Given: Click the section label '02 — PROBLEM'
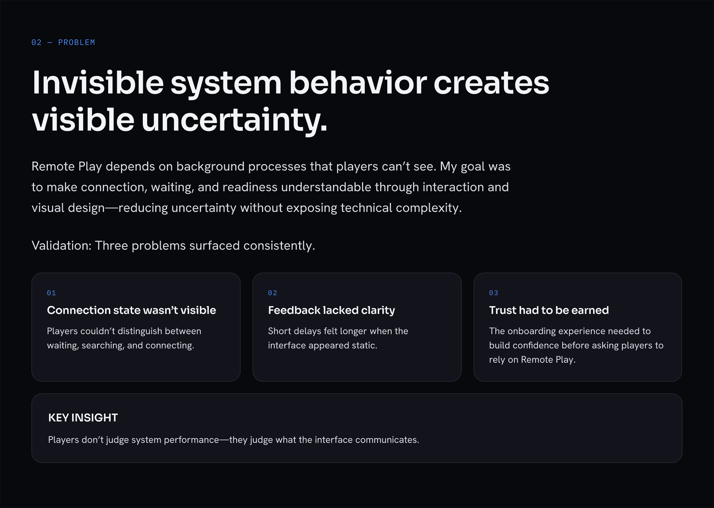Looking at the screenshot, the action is (63, 42).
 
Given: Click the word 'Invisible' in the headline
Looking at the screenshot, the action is (98, 82).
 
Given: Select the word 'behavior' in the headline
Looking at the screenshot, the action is (358, 82).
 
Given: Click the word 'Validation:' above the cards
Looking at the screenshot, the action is (62, 246).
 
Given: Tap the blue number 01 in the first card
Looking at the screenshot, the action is (51, 293).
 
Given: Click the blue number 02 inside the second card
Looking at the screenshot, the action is (273, 293).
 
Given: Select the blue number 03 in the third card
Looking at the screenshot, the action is (493, 293).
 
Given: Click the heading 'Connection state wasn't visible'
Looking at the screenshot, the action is (131, 310).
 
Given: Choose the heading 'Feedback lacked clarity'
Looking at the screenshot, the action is (331, 310).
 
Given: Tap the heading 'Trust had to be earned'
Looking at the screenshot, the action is (549, 310).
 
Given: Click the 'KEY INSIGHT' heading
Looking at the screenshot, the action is (83, 418).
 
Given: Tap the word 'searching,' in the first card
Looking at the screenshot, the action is (103, 346).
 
